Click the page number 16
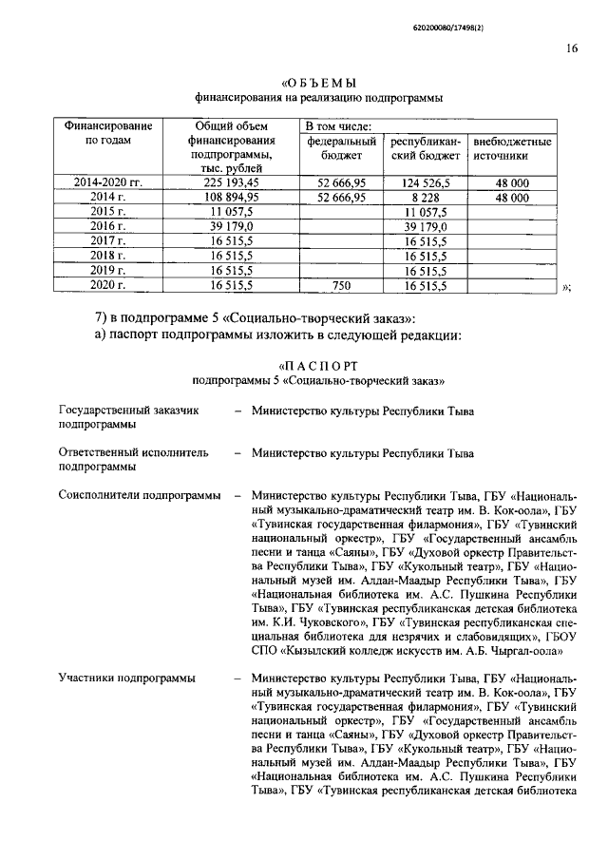coord(572,49)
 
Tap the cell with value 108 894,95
coord(232,197)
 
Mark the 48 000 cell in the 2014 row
coord(512,197)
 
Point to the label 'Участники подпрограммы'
coord(127,678)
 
